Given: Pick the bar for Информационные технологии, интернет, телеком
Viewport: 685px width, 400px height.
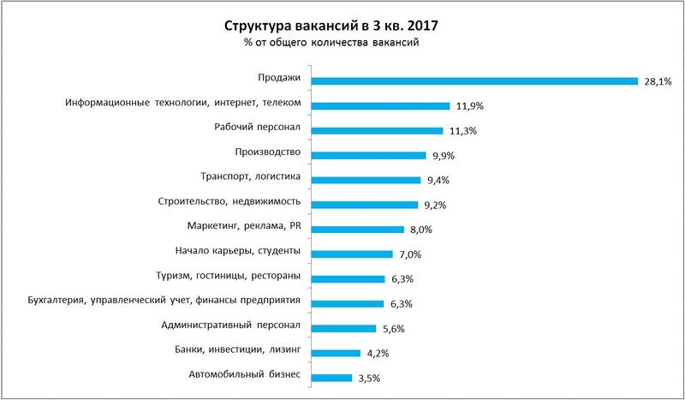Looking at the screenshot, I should (x=381, y=106).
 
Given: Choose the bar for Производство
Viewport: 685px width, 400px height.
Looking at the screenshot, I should (x=369, y=156).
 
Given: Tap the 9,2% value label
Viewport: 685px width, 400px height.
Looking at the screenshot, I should (x=435, y=206).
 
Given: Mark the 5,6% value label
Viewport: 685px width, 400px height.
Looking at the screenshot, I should (x=392, y=328).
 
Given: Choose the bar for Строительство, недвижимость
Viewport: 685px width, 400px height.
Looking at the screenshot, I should (x=365, y=205).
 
